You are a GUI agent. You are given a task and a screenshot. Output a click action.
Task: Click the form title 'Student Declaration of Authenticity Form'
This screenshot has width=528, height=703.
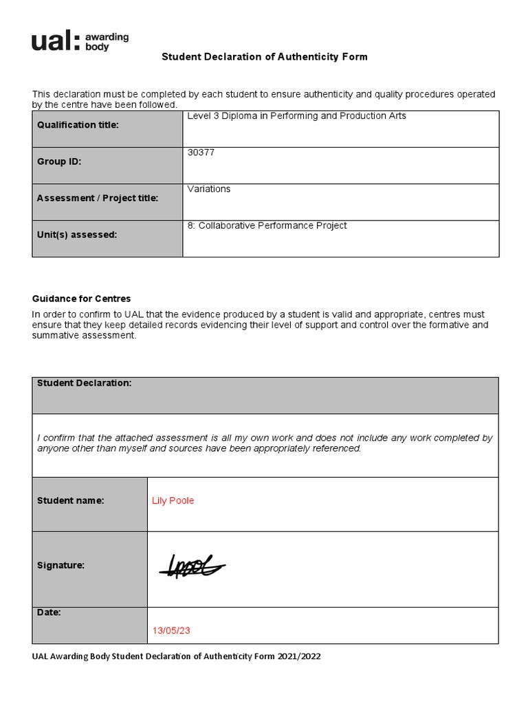(x=265, y=57)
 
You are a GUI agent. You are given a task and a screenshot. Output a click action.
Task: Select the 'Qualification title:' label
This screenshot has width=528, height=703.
(x=78, y=125)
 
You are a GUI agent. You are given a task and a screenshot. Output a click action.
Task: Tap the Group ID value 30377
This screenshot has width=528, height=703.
(x=201, y=152)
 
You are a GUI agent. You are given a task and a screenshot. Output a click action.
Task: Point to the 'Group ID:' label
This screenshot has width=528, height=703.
(x=58, y=161)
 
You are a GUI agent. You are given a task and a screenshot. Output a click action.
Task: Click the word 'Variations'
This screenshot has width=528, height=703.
(x=209, y=189)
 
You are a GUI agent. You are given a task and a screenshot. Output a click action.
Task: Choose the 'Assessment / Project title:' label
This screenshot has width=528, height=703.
(x=97, y=198)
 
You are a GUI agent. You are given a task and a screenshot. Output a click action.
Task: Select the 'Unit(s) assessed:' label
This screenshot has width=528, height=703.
(x=76, y=234)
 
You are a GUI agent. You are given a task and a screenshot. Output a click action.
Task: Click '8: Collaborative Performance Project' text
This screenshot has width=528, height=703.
(x=267, y=225)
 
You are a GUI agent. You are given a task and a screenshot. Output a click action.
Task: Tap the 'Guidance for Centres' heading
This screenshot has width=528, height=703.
(x=81, y=299)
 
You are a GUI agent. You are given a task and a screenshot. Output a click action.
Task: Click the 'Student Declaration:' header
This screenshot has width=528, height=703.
(x=84, y=383)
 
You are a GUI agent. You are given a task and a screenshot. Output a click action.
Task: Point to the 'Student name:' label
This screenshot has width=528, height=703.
(x=70, y=500)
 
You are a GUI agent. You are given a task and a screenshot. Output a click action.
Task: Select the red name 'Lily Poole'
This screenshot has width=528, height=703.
(x=173, y=500)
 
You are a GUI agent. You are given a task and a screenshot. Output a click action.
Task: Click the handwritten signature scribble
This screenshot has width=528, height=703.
(x=192, y=565)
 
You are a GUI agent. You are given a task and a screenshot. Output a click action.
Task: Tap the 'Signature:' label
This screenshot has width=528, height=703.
(x=60, y=565)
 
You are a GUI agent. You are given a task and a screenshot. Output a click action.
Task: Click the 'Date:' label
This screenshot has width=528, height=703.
(x=49, y=612)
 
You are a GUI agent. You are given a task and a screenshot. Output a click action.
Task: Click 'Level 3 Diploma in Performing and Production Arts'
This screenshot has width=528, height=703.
(x=296, y=116)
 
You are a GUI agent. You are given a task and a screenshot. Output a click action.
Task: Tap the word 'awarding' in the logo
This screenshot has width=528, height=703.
(x=107, y=37)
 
